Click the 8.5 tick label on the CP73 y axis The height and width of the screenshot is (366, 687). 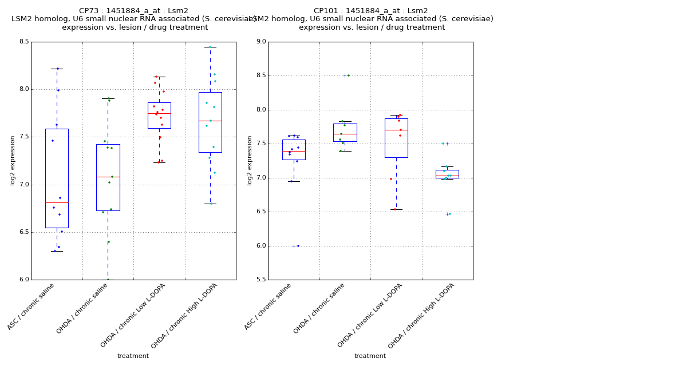pyautogui.click(x=23, y=42)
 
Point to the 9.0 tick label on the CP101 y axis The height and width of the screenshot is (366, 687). pyautogui.click(x=260, y=42)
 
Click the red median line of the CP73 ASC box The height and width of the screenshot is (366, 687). pyautogui.click(x=57, y=202)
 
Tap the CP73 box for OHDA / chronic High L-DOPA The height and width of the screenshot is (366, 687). pyautogui.click(x=210, y=137)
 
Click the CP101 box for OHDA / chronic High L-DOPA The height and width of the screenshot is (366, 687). pyautogui.click(x=447, y=174)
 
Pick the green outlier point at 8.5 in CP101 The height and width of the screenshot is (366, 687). pyautogui.click(x=348, y=75)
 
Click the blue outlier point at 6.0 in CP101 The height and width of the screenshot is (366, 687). pyautogui.click(x=298, y=246)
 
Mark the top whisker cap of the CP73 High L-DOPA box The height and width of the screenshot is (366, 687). pyautogui.click(x=210, y=47)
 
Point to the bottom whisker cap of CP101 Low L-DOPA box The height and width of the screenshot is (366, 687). pyautogui.click(x=396, y=209)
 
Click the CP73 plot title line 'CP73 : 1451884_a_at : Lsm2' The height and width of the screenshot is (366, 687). pyautogui.click(x=133, y=11)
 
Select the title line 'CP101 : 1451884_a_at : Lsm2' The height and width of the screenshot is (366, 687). pyautogui.click(x=370, y=11)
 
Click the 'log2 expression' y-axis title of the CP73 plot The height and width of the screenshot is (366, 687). pyautogui.click(x=13, y=160)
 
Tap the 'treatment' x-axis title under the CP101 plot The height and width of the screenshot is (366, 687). pyautogui.click(x=370, y=356)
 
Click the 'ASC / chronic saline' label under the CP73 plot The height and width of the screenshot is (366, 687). pyautogui.click(x=31, y=307)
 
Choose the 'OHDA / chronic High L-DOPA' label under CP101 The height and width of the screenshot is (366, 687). pyautogui.click(x=421, y=316)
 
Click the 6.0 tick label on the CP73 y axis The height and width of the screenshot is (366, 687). pyautogui.click(x=23, y=280)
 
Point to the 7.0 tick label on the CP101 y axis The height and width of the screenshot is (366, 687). pyautogui.click(x=260, y=178)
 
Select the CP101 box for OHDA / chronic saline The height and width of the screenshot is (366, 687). pyautogui.click(x=345, y=132)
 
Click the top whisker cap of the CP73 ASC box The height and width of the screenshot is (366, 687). pyautogui.click(x=57, y=69)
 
